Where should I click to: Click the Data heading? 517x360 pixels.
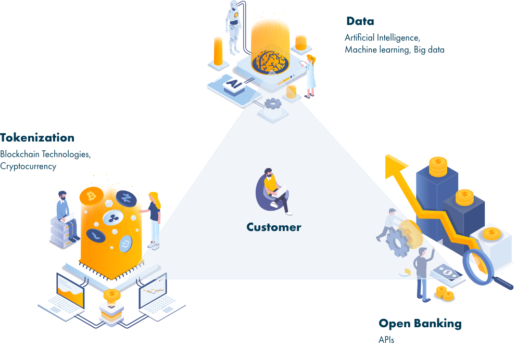tap(360, 21)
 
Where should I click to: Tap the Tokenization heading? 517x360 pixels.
tap(37, 138)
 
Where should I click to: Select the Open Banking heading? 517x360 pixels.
tap(420, 324)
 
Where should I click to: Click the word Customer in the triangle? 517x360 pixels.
tap(274, 227)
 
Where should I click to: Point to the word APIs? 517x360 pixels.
tap(386, 340)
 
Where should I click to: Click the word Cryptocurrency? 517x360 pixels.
tap(28, 166)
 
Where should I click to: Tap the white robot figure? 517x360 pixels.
tap(234, 28)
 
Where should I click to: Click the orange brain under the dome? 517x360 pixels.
tap(270, 61)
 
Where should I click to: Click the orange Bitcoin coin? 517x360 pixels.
tap(91, 196)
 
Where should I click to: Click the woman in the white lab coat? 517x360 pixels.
tap(309, 76)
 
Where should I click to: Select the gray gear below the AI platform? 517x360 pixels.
tap(273, 104)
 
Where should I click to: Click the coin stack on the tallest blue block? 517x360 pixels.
tap(438, 167)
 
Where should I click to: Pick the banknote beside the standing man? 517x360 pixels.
tap(447, 273)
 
